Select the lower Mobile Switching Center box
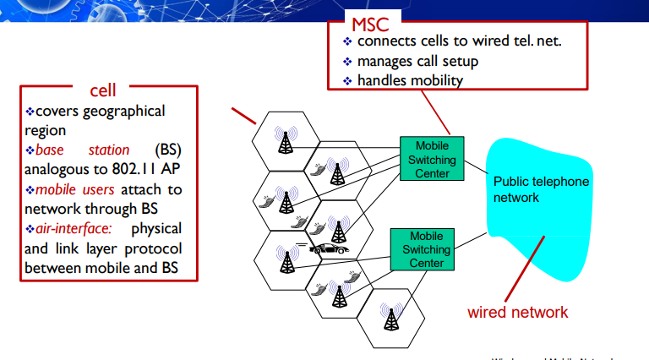420,249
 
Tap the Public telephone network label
541,189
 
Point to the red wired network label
518,312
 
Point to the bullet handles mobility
410,80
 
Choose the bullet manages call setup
417,61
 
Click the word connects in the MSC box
385,41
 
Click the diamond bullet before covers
30,112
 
